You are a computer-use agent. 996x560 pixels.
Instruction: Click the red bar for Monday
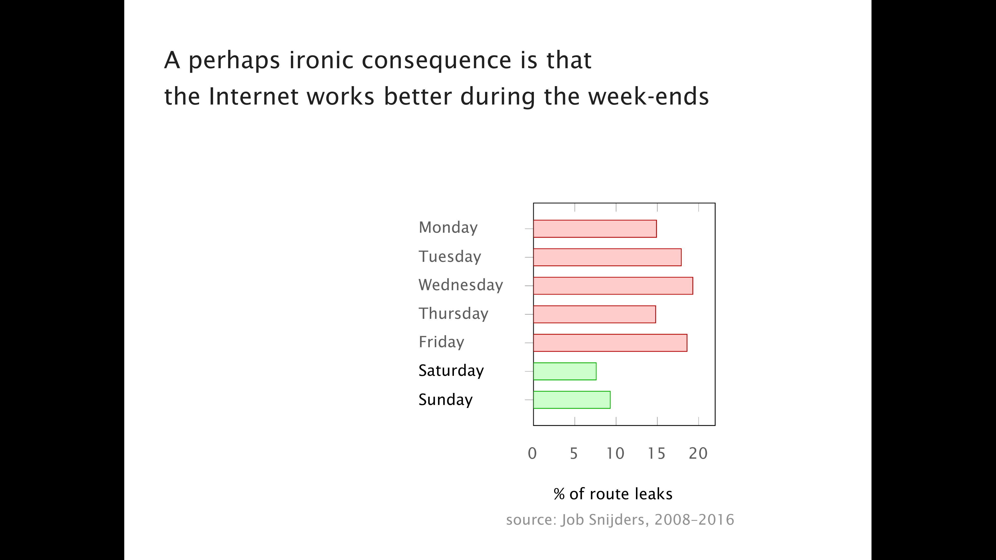coord(595,229)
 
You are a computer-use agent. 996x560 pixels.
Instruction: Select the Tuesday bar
coord(607,257)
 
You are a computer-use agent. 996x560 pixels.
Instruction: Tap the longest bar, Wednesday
coord(613,286)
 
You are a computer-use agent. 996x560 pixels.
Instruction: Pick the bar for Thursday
coord(594,314)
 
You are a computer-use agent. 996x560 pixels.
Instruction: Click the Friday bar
coord(610,343)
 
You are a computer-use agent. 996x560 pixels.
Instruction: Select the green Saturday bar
coord(564,371)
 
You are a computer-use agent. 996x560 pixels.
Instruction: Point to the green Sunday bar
coord(571,400)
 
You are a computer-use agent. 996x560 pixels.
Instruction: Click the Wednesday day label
coord(460,285)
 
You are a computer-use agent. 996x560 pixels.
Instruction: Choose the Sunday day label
coord(445,400)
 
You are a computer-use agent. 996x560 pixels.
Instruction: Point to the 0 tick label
coord(532,453)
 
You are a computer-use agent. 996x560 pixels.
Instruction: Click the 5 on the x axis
coord(574,453)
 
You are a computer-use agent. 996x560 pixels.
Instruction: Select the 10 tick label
coord(615,453)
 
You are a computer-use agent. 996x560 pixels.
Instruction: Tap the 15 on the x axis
coord(657,453)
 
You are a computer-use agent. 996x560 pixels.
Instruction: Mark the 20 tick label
coord(698,453)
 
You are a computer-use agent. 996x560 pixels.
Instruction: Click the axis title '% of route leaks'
coord(613,494)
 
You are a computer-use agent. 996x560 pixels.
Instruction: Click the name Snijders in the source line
coord(618,520)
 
